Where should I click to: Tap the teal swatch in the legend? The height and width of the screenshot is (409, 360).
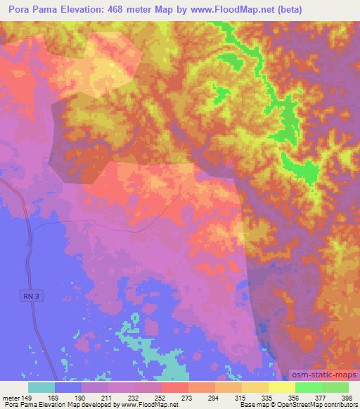tap(41, 387)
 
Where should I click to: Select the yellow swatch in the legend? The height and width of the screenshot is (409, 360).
tap(282, 387)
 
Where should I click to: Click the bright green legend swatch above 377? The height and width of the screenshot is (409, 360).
tap(309, 387)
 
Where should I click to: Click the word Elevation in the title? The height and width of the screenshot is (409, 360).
tap(105, 10)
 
